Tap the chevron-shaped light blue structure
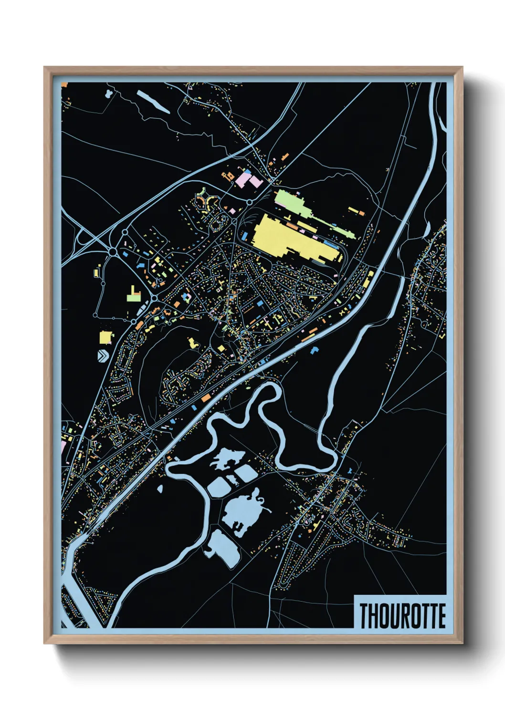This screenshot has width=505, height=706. (103, 355)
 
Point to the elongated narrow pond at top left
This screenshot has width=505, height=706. (153, 102)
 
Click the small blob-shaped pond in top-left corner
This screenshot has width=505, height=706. (109, 92)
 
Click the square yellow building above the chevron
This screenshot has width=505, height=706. (105, 337)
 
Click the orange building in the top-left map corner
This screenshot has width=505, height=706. (64, 85)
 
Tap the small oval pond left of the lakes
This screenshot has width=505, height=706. (159, 488)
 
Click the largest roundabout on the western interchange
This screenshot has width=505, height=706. (113, 251)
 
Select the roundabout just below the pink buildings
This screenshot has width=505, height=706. (249, 202)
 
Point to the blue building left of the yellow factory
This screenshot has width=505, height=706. (245, 236)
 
